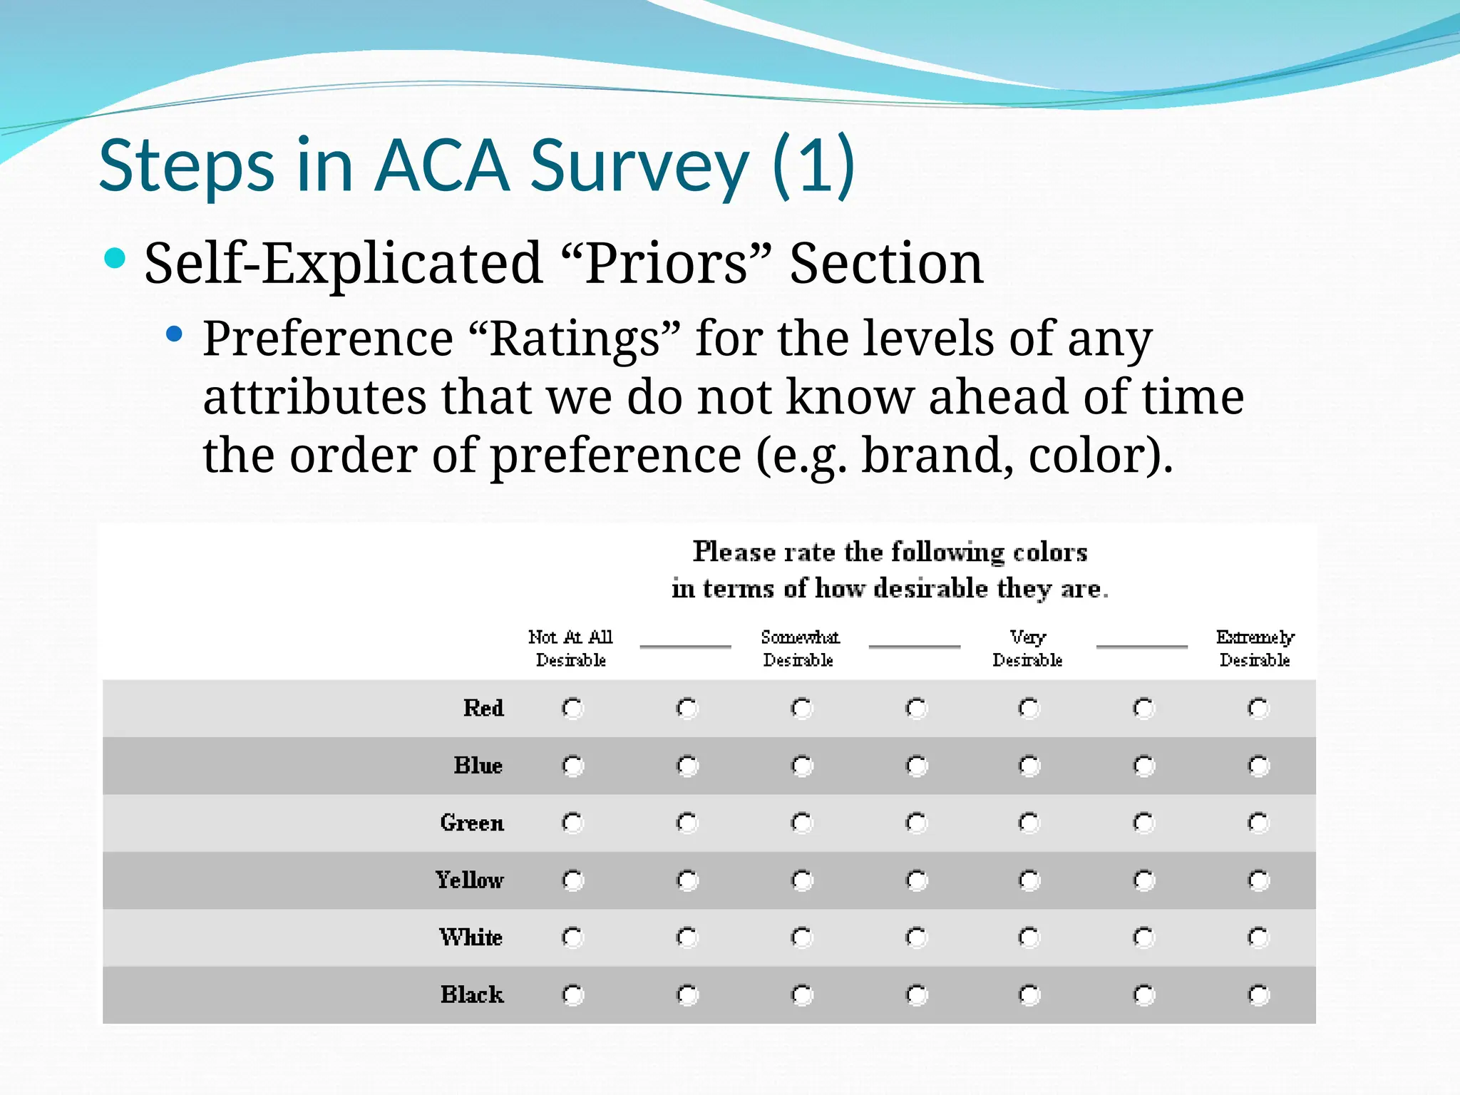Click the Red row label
pos(483,708)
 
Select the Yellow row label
pos(469,880)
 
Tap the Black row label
pos(471,994)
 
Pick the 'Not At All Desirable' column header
pos(570,647)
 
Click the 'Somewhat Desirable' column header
pos(799,647)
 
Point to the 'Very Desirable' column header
pos(1027,647)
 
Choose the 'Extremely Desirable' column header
pos(1255,647)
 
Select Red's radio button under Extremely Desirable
pos(1258,708)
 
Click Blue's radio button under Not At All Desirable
pos(573,766)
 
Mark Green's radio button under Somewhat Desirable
pos(802,823)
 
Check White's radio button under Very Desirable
pos(1029,937)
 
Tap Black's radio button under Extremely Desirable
pos(1258,994)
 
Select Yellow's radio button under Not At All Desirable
pos(573,880)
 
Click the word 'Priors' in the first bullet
pos(667,264)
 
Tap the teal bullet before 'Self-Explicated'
pos(115,257)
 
